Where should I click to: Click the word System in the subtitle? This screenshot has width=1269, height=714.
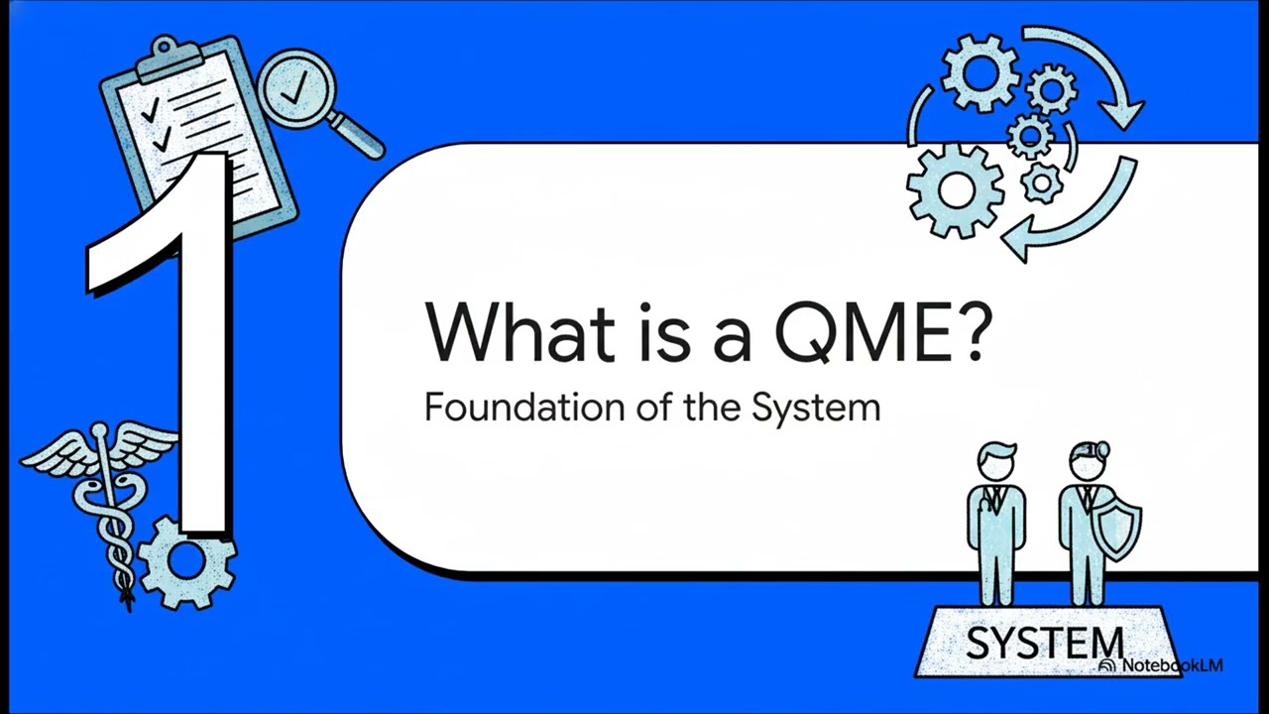(x=816, y=407)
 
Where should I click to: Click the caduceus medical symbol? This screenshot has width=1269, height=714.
(x=107, y=506)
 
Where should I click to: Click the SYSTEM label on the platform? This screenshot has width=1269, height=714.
(x=1043, y=643)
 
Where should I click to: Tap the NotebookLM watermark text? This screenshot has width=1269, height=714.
(x=1170, y=665)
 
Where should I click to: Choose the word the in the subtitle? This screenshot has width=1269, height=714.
(x=710, y=407)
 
